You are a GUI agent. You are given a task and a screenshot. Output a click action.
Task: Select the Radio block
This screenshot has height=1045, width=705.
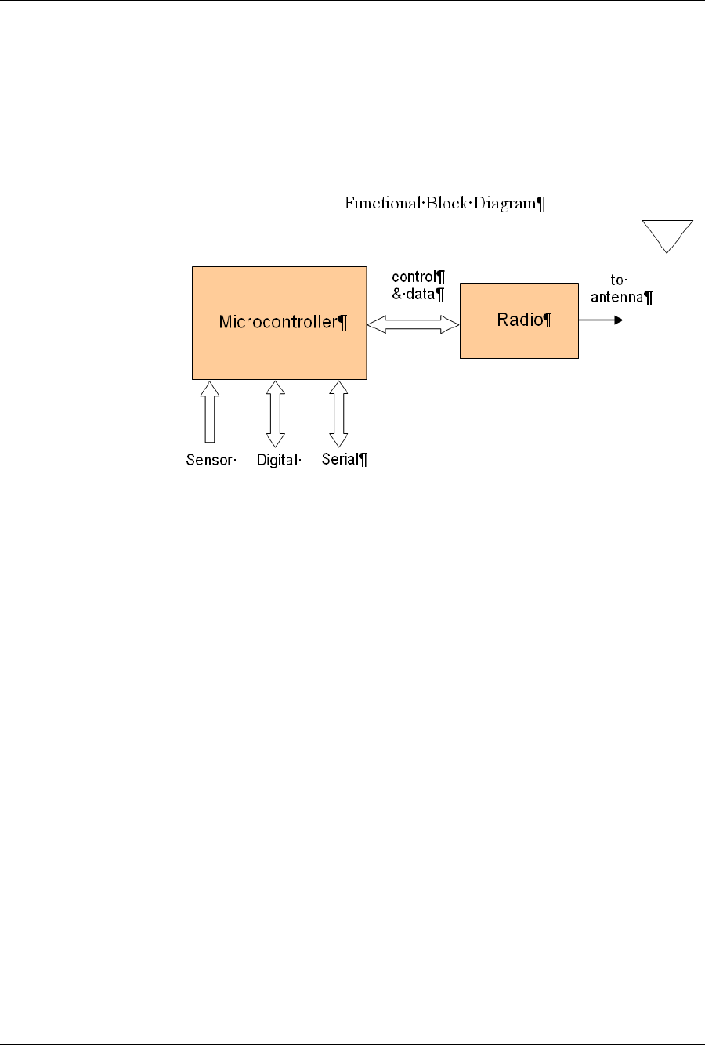(519, 341)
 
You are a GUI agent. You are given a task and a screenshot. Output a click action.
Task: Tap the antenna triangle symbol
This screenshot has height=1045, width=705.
(667, 234)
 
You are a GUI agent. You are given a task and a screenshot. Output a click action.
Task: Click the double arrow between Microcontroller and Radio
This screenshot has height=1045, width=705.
(413, 324)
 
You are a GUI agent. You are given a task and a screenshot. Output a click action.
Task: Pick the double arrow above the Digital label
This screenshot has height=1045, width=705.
(275, 414)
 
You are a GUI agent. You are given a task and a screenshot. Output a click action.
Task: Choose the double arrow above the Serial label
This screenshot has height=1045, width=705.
(338, 414)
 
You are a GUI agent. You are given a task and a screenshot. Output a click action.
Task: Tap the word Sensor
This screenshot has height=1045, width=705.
(209, 460)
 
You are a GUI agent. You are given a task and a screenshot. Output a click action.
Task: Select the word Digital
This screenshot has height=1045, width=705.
(277, 460)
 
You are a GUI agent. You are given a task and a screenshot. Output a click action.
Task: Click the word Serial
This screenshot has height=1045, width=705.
(340, 459)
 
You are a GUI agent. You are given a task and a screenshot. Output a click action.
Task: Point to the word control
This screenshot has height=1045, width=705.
(414, 277)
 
